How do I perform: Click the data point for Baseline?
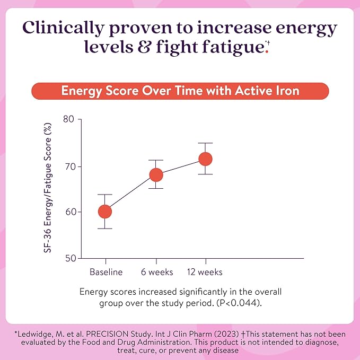(105, 212)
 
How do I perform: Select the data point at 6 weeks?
(156, 174)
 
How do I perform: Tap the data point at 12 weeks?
(205, 159)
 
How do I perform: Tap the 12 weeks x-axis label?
(205, 272)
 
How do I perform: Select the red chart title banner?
(180, 91)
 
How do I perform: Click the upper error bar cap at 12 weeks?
(205, 143)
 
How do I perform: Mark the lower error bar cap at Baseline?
(105, 229)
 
